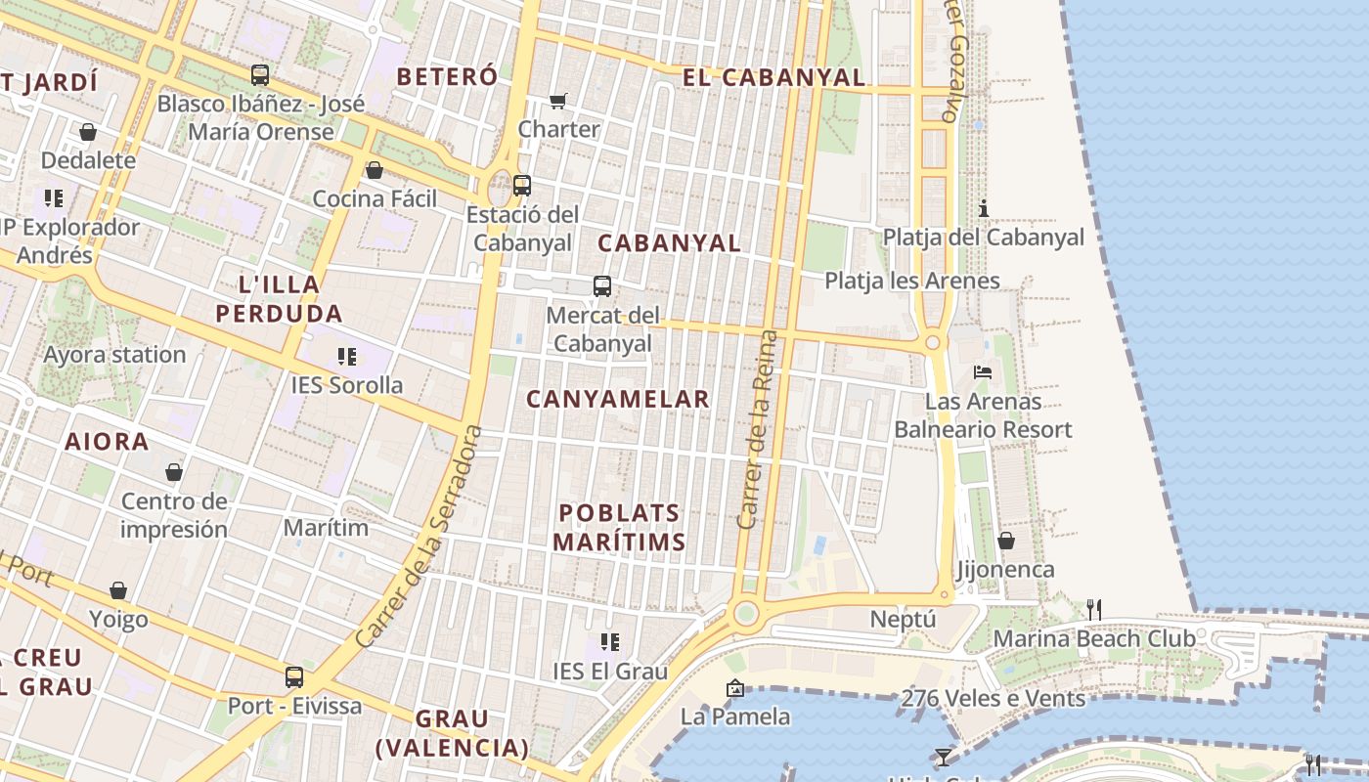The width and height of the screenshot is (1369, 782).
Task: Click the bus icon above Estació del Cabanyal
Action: pyautogui.click(x=522, y=185)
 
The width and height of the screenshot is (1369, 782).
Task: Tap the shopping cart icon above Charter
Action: pyautogui.click(x=558, y=100)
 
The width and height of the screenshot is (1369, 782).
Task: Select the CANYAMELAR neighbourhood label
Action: pyautogui.click(x=618, y=399)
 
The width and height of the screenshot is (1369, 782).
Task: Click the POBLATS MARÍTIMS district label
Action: pyautogui.click(x=619, y=527)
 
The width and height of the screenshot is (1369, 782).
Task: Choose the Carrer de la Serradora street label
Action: pyautogui.click(x=420, y=536)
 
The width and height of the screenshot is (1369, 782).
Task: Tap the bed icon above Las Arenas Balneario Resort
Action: pyautogui.click(x=983, y=372)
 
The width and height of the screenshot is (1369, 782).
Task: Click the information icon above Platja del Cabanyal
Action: pyautogui.click(x=984, y=208)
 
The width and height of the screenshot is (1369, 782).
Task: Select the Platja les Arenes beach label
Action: pyautogui.click(x=912, y=281)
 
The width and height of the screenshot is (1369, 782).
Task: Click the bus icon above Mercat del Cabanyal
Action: pyautogui.click(x=602, y=286)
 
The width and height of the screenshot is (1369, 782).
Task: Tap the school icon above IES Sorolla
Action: pyautogui.click(x=347, y=357)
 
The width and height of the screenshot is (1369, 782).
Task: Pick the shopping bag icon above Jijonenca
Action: pyautogui.click(x=1005, y=541)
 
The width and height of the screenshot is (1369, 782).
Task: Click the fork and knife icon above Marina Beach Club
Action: pyautogui.click(x=1094, y=610)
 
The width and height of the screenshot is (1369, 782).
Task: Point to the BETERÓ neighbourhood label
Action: pyautogui.click(x=447, y=76)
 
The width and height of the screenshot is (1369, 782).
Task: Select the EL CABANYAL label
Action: pyautogui.click(x=773, y=77)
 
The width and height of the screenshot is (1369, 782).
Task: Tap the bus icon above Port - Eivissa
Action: pyautogui.click(x=294, y=677)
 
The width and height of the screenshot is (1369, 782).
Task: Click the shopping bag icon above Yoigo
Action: pyautogui.click(x=118, y=590)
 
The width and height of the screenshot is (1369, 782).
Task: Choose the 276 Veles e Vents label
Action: pyautogui.click(x=993, y=698)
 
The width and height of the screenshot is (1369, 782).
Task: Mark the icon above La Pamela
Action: pyautogui.click(x=735, y=688)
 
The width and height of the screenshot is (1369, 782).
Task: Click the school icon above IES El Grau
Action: pyautogui.click(x=610, y=642)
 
